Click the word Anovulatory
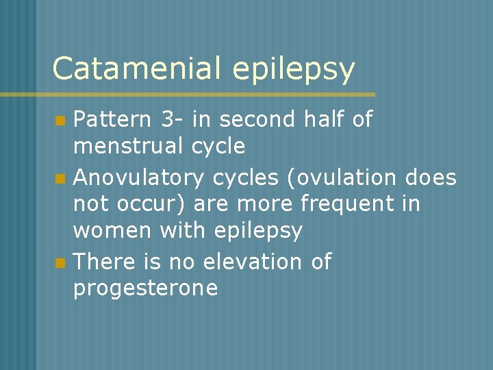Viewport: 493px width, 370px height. point(138,178)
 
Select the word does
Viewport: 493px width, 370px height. point(430,178)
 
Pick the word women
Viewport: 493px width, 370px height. point(112,231)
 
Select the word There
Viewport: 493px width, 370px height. point(102,261)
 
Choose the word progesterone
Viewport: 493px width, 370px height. point(145,288)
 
